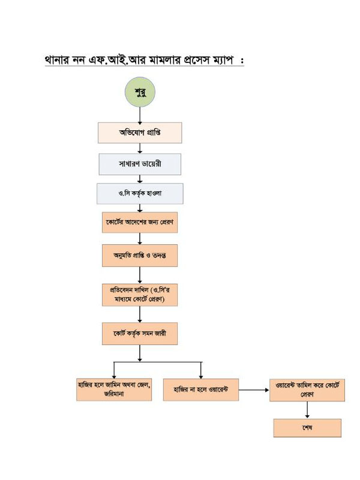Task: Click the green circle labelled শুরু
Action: tap(140, 94)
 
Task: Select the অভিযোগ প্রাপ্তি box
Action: tap(140, 133)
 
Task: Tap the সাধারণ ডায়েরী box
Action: tap(140, 163)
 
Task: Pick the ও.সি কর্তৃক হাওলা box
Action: tap(140, 193)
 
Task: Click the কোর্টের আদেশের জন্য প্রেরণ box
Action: tap(140, 222)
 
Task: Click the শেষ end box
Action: tap(307, 428)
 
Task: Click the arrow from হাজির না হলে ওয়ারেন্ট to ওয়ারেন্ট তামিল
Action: tap(252, 391)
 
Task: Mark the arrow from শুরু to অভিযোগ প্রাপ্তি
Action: tap(140, 116)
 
